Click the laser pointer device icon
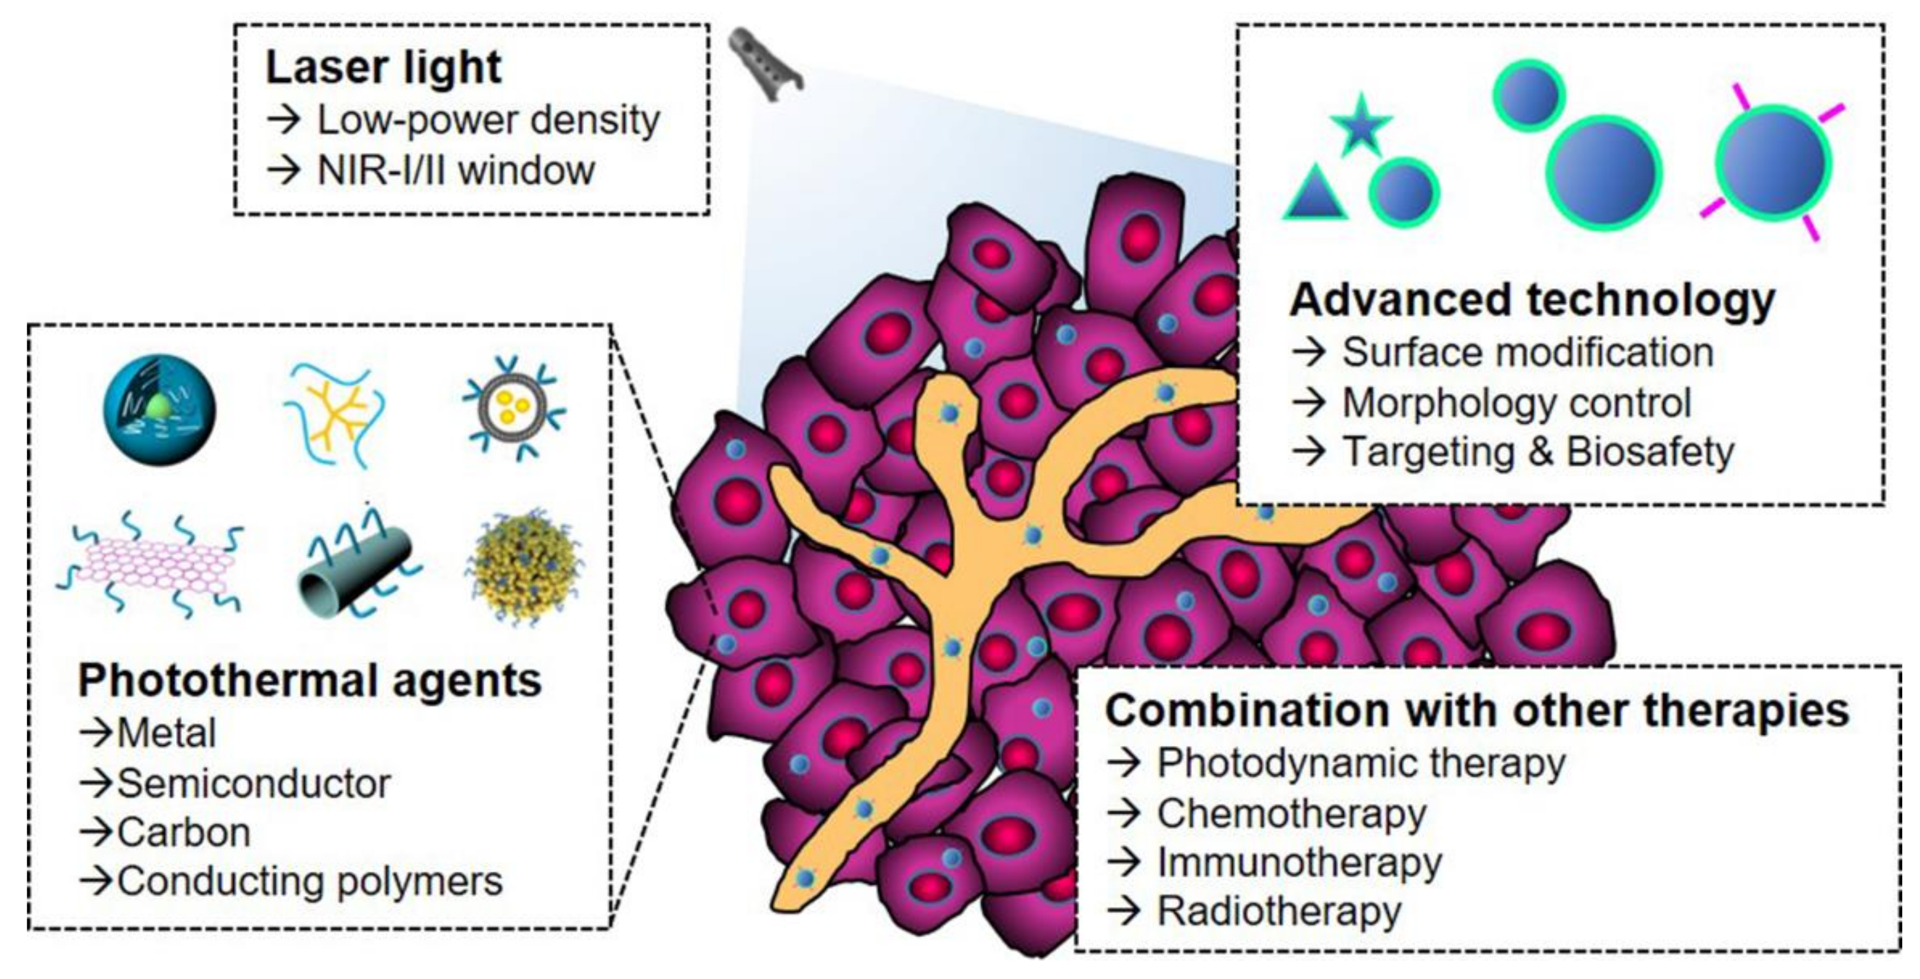(x=764, y=63)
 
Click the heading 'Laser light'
(x=383, y=68)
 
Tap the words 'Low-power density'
(x=488, y=120)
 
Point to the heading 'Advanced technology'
(x=1532, y=300)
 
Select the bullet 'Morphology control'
(x=1516, y=403)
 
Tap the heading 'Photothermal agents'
(x=309, y=681)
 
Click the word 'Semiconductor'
(x=253, y=784)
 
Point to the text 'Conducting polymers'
(x=309, y=882)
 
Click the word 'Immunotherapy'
(x=1298, y=863)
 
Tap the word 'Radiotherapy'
(x=1278, y=911)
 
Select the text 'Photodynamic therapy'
(x=1360, y=764)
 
